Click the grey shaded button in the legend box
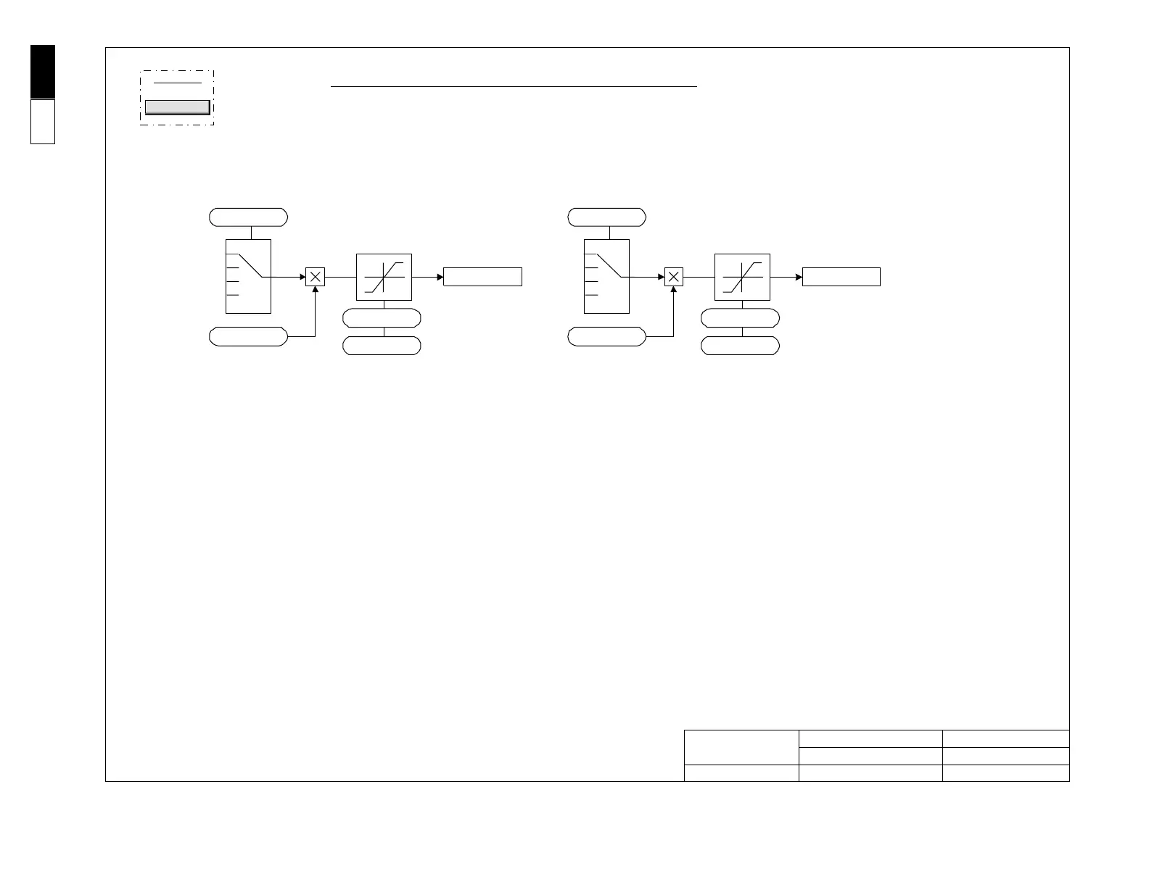click(178, 107)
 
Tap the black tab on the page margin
click(43, 71)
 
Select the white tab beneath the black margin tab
click(43, 122)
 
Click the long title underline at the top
click(514, 86)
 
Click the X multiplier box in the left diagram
click(315, 277)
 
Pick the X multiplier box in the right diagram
click(674, 277)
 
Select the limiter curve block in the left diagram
click(384, 277)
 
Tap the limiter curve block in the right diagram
click(742, 277)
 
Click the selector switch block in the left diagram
click(248, 276)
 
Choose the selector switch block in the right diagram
click(606, 276)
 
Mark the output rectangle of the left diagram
click(482, 277)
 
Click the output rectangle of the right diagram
click(841, 277)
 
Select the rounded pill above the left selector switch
click(248, 217)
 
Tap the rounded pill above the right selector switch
click(606, 217)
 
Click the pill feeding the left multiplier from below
click(248, 336)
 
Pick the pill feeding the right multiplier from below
click(606, 336)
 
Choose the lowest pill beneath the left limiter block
click(382, 346)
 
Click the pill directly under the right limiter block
click(740, 318)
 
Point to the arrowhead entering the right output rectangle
click(799, 277)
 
